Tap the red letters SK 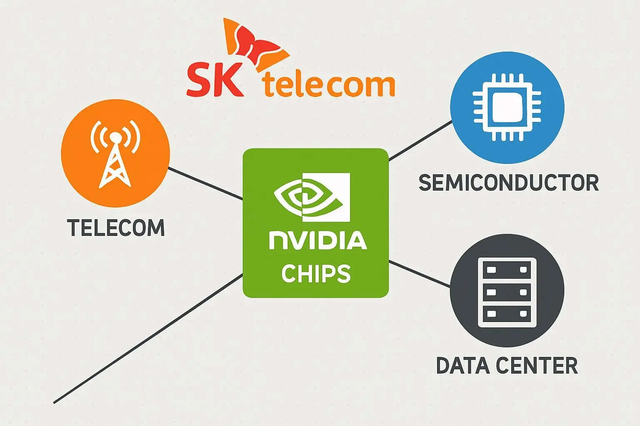point(215,80)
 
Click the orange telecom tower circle point(115,153)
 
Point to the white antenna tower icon point(115,156)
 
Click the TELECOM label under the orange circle point(116,228)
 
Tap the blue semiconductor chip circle point(507,107)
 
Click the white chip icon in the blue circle point(507,107)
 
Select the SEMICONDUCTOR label point(508,183)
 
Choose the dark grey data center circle point(507,290)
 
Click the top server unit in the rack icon point(507,270)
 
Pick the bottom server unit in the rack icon point(507,313)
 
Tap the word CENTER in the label point(537,366)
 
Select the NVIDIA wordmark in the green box point(317,240)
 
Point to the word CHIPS point(316,273)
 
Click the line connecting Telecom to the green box point(205,183)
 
